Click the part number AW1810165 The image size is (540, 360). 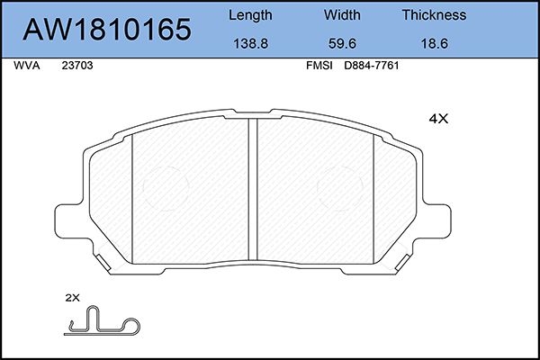click(x=107, y=31)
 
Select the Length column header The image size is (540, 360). click(x=250, y=15)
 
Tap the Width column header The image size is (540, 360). click(x=342, y=15)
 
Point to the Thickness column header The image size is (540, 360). click(x=434, y=15)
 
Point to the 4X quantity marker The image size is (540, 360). click(x=437, y=119)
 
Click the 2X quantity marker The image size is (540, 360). click(x=73, y=297)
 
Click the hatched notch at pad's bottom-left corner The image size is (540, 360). click(x=106, y=263)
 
